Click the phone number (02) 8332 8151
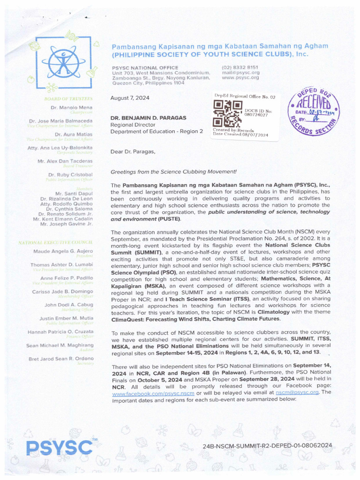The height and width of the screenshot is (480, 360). point(240,67)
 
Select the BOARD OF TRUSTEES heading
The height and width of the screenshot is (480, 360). point(68,99)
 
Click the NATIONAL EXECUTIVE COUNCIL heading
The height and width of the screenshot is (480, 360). point(55,242)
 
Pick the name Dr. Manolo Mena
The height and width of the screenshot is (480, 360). point(76,108)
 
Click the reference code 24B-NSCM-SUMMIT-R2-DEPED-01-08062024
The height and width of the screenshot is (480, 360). point(268,445)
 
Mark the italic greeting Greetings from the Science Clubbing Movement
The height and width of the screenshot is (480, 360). point(173,172)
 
